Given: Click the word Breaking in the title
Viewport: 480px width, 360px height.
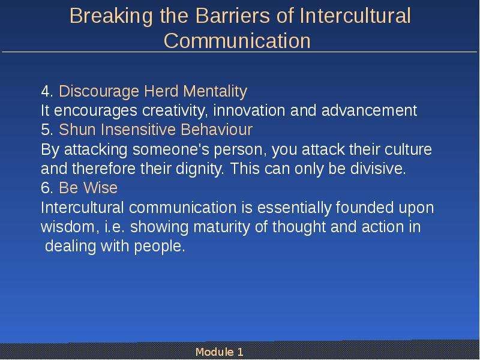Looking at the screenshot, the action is [111, 17].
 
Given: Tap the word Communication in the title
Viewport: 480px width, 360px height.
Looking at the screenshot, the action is [237, 40].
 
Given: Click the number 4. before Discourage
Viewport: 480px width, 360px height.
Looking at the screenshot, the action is [47, 92].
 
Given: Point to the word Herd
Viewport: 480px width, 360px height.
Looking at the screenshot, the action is [161, 91].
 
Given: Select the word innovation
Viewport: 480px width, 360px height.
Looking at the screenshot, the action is [249, 110].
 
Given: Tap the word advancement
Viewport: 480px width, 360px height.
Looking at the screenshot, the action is [369, 110].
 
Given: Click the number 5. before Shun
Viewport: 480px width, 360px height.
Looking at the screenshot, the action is [47, 130].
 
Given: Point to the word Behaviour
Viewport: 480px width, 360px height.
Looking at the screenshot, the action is [217, 130].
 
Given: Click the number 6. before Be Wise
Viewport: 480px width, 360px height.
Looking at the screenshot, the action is [47, 188].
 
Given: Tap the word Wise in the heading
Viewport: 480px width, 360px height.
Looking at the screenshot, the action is [101, 188].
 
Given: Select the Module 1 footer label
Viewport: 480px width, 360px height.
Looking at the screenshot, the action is [220, 352].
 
